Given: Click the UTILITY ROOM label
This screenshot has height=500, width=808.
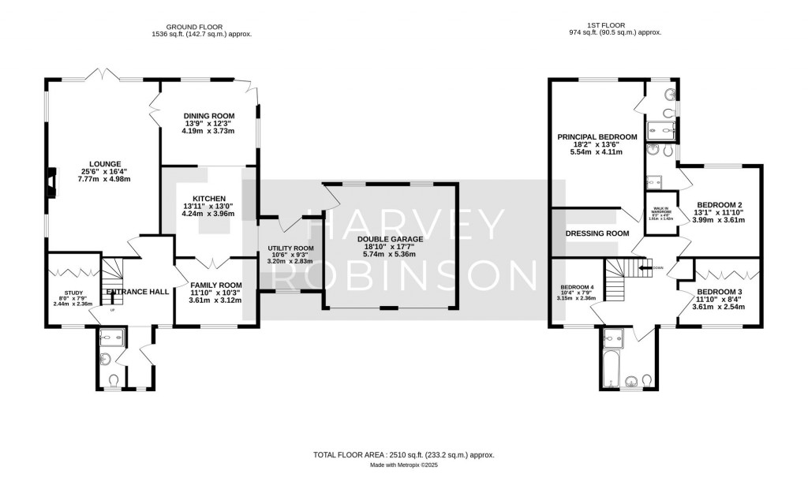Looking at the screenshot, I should coord(290,248).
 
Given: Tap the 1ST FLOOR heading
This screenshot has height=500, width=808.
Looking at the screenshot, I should coord(615,27).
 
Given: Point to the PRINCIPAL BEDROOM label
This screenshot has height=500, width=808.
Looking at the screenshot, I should coord(597,136).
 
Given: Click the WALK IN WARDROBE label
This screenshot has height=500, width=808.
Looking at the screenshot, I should coord(661,211).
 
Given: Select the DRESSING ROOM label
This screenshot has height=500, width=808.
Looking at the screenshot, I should coord(597,233).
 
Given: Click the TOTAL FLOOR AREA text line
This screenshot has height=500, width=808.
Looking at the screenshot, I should coord(403,455).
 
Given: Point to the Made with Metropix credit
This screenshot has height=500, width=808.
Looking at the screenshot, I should coord(403,465).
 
